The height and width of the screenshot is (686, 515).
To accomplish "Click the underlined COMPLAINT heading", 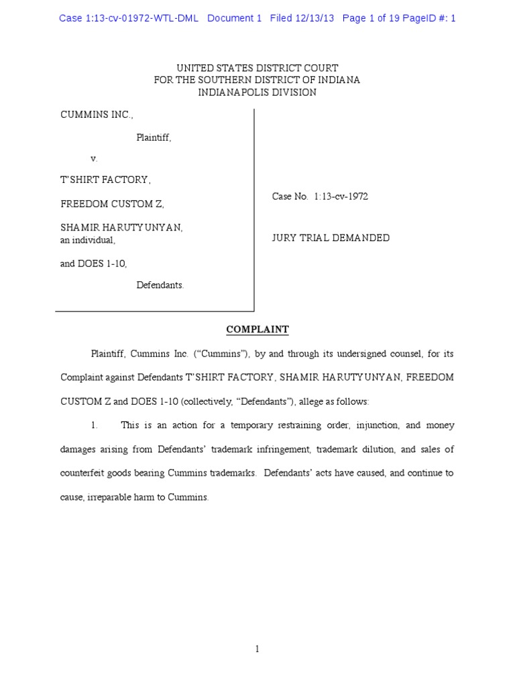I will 257,330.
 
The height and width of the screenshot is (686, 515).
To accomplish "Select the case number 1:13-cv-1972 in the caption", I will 341,196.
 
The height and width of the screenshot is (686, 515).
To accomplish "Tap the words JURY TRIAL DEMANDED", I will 331,238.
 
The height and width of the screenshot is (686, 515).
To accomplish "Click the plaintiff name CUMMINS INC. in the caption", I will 97,115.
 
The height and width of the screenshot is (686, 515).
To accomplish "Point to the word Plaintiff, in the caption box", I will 154,137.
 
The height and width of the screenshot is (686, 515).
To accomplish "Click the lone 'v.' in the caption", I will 94,159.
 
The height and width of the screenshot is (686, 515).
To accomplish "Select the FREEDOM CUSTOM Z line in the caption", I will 112,204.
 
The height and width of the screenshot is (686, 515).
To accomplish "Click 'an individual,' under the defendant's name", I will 88,240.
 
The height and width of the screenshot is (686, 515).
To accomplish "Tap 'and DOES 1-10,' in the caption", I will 94,263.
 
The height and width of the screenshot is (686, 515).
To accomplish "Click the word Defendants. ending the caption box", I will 160,285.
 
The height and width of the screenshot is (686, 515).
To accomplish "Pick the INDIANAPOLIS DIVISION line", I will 257,92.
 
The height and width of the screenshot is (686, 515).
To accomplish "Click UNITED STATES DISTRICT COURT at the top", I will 257,68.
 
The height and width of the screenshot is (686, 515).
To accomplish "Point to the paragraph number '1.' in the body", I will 95,425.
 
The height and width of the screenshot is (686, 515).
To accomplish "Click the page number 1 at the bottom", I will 257,648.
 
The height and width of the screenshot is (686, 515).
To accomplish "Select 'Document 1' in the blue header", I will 234,18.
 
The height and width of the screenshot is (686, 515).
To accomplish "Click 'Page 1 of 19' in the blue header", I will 371,18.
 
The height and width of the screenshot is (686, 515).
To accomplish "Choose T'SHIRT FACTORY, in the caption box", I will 106,180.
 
